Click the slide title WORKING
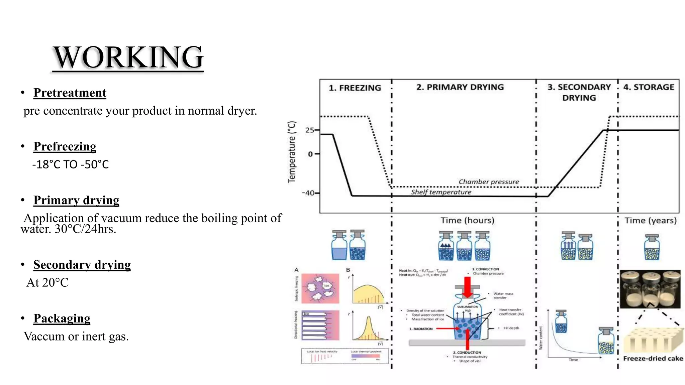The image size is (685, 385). [x=128, y=57]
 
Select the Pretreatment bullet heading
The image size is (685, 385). [x=70, y=93]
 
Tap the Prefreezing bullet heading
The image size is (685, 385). [x=65, y=146]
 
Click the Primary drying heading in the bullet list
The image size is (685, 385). [x=76, y=200]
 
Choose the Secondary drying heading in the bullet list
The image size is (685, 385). [x=82, y=265]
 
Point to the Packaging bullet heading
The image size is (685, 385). [x=62, y=318]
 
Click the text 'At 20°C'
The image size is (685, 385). [x=47, y=283]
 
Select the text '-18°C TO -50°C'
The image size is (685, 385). [x=71, y=164]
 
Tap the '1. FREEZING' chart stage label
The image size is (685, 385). [x=355, y=88]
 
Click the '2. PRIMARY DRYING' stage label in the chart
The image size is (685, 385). [x=460, y=87]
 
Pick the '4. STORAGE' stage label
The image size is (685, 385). [x=649, y=87]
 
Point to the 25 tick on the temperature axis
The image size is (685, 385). [x=310, y=130]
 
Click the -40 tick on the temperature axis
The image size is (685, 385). [x=308, y=193]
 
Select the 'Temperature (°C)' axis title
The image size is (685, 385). [x=292, y=152]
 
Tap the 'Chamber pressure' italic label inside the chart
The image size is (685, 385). [x=489, y=182]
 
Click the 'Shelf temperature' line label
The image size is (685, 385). [x=441, y=192]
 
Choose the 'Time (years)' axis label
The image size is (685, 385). [x=651, y=221]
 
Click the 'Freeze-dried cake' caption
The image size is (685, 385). [x=653, y=359]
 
